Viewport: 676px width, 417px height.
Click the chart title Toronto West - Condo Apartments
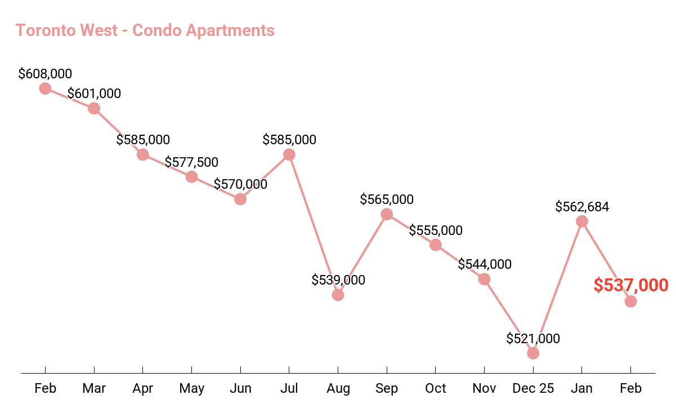click(145, 30)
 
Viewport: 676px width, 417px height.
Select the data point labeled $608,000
click(45, 88)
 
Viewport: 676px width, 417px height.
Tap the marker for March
click(94, 108)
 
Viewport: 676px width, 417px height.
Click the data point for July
click(289, 154)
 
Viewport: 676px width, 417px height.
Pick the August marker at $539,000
click(338, 295)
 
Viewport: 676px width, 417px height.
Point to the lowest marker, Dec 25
click(533, 353)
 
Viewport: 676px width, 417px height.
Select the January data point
click(582, 221)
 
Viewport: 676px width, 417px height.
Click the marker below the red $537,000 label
click(631, 301)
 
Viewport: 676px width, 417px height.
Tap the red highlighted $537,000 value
click(631, 285)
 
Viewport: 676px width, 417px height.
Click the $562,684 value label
click(582, 207)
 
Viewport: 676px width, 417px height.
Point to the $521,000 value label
click(533, 339)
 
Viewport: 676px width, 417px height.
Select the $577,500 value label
click(191, 162)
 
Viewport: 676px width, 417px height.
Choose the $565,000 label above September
click(387, 199)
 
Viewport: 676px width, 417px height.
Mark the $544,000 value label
click(485, 264)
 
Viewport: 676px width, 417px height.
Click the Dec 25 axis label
click(533, 388)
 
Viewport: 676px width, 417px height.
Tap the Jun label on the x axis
click(240, 388)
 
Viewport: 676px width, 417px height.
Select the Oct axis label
click(436, 388)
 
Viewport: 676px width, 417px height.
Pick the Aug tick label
click(338, 388)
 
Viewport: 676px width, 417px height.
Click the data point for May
click(191, 177)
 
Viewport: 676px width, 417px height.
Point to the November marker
click(484, 279)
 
